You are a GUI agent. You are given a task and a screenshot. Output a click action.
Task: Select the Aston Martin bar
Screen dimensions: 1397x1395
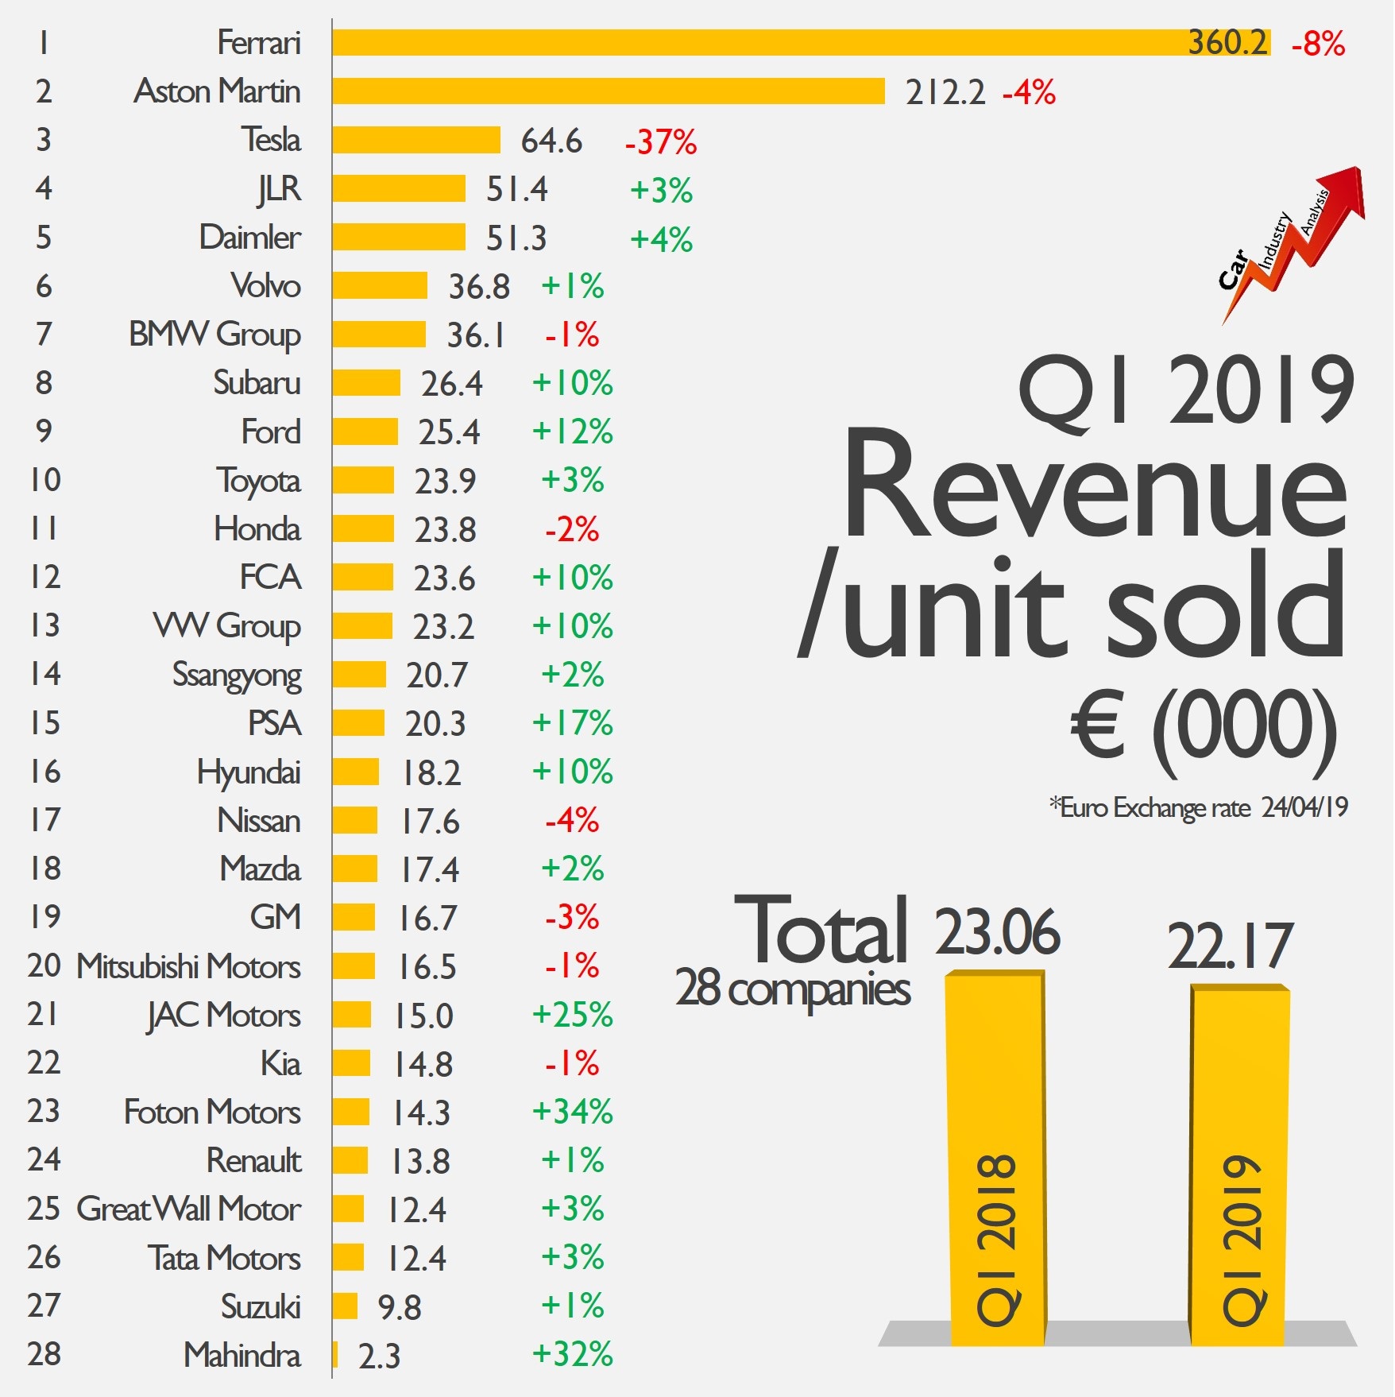pyautogui.click(x=609, y=91)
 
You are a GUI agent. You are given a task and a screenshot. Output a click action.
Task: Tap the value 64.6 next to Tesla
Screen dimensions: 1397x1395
pyautogui.click(x=551, y=141)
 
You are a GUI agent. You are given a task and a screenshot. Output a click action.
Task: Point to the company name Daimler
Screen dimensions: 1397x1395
pyautogui.click(x=249, y=238)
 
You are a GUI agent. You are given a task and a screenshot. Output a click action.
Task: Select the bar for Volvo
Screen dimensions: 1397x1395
pyautogui.click(x=380, y=286)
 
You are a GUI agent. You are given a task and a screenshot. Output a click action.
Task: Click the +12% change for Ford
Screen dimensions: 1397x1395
pyautogui.click(x=572, y=432)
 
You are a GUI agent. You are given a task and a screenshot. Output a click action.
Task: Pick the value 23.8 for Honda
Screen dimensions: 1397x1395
pyautogui.click(x=445, y=530)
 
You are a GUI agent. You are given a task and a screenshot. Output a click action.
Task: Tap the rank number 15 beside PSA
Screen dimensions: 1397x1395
pyautogui.click(x=45, y=723)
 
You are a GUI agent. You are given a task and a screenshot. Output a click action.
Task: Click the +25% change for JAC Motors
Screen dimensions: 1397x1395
pyautogui.click(x=572, y=1015)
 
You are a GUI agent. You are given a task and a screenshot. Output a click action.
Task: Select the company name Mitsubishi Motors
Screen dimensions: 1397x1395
pyautogui.click(x=188, y=967)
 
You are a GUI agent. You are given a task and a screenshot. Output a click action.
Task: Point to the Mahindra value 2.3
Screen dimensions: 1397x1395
pyautogui.click(x=379, y=1356)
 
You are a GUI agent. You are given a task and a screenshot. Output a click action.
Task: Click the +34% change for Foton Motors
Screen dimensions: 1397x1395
pyautogui.click(x=572, y=1112)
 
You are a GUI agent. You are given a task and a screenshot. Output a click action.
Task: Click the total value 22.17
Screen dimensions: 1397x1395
pyautogui.click(x=1230, y=946)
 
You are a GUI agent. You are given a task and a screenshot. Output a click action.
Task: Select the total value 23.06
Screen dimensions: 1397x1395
pyautogui.click(x=997, y=932)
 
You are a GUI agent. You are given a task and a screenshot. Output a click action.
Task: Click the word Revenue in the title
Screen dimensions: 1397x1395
pyautogui.click(x=1095, y=486)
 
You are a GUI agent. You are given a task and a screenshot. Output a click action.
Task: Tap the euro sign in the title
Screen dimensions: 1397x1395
pyautogui.click(x=1098, y=725)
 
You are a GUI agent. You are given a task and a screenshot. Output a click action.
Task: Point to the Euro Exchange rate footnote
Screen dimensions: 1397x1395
pyautogui.click(x=1198, y=808)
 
